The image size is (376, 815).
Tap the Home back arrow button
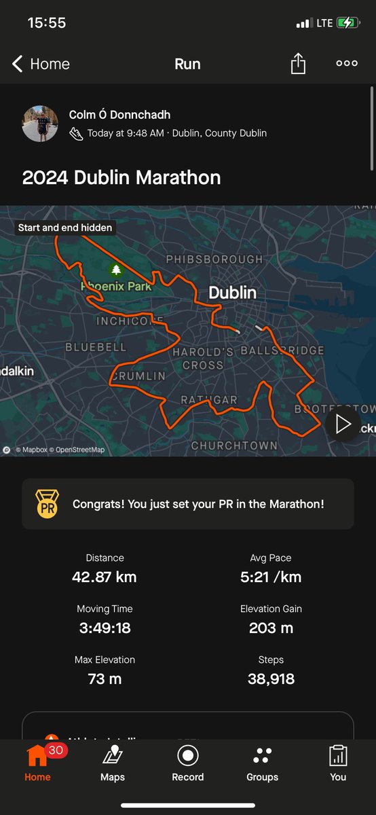[41, 64]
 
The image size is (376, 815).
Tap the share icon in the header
[298, 64]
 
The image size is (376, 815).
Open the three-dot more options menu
[347, 64]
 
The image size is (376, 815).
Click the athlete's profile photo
[40, 124]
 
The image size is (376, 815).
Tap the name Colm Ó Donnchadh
[119, 115]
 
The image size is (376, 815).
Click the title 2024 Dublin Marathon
[121, 178]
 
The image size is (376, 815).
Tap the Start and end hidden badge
[65, 228]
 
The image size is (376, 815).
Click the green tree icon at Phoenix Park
[116, 270]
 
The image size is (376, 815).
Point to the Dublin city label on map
[232, 293]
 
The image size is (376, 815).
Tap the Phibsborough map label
[214, 259]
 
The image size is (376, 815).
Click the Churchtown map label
[234, 446]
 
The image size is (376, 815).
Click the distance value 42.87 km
[105, 577]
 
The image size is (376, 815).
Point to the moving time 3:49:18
[105, 628]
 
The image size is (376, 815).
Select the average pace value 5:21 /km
[271, 577]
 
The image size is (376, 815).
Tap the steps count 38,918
[271, 678]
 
